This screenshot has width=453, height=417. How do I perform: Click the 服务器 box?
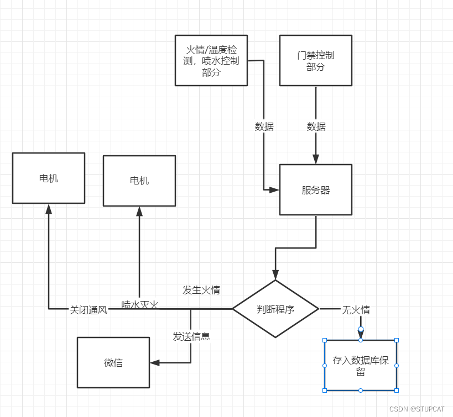click(316, 190)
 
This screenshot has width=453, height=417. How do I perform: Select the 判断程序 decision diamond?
click(275, 309)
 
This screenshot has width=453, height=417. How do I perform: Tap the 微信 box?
click(113, 362)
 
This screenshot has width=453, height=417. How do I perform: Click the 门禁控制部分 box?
click(316, 61)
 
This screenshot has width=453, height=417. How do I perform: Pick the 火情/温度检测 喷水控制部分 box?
click(211, 61)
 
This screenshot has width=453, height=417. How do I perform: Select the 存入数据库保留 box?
click(361, 365)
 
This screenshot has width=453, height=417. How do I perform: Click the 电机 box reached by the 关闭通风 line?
click(49, 178)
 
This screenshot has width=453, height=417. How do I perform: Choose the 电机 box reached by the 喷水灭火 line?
click(139, 181)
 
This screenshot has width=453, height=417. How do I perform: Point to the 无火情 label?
click(356, 310)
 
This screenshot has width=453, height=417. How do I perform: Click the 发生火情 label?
click(201, 290)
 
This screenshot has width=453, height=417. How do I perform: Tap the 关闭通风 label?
click(88, 310)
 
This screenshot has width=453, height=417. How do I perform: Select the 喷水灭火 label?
click(140, 304)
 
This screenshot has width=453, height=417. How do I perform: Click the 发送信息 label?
click(191, 336)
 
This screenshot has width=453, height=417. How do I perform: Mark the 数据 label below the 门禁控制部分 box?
click(316, 126)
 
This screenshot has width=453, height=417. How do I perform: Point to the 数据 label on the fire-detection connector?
click(264, 126)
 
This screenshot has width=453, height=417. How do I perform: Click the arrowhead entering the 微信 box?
click(155, 363)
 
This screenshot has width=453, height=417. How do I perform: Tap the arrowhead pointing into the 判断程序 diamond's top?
click(275, 275)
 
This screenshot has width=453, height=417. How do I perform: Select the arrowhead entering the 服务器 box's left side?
click(274, 190)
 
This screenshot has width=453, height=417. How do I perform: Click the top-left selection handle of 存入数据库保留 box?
click(325, 340)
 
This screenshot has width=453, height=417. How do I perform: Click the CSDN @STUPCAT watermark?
click(416, 409)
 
